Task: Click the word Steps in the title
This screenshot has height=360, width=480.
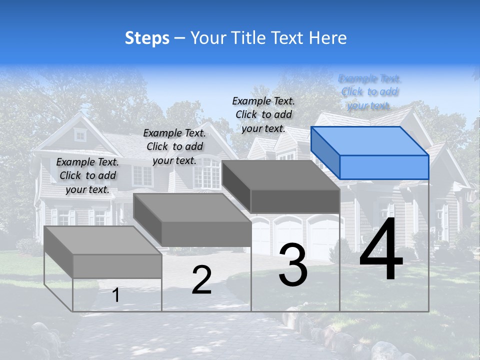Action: [147, 38]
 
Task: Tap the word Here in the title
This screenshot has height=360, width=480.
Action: [328, 38]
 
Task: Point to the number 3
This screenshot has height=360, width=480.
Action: [293, 265]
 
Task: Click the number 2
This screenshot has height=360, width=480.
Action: [201, 280]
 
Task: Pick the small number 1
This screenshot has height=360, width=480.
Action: [115, 295]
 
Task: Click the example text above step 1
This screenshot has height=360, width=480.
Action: [87, 175]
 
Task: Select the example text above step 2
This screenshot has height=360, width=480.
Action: [174, 146]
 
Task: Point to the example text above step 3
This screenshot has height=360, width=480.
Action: [263, 114]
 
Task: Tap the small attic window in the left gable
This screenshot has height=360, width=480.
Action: [80, 134]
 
